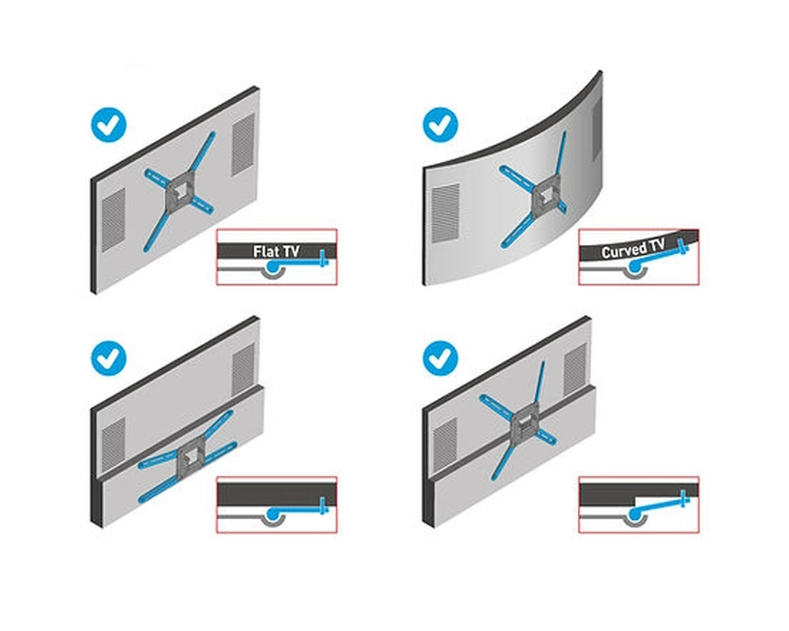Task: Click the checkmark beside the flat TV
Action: tap(108, 126)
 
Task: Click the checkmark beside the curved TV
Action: tap(440, 126)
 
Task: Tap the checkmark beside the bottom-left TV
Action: tap(108, 359)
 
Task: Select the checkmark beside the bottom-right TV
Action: tap(440, 359)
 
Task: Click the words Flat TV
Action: tap(276, 251)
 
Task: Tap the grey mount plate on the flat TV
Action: tap(180, 191)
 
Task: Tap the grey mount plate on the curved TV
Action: tap(548, 195)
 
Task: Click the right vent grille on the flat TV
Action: tap(243, 145)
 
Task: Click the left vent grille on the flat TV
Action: tap(114, 220)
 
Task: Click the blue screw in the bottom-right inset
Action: tap(683, 499)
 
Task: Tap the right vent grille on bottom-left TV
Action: tap(243, 370)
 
